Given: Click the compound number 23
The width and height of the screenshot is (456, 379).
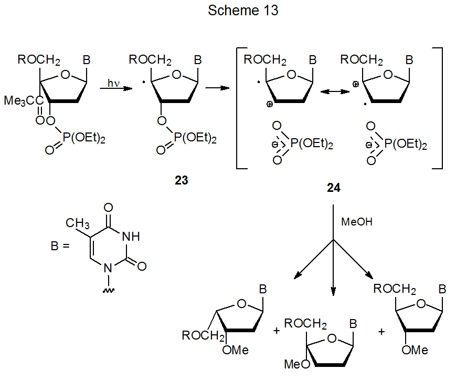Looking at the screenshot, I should (182, 180).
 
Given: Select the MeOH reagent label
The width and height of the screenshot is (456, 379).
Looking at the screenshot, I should (357, 222).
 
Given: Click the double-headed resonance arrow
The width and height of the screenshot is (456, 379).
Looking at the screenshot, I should (336, 91).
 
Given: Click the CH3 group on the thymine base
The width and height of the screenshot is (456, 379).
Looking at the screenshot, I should (77, 223).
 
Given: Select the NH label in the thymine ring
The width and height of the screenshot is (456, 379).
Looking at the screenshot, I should (130, 237).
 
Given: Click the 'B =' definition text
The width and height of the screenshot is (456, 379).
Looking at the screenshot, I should (60, 245).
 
